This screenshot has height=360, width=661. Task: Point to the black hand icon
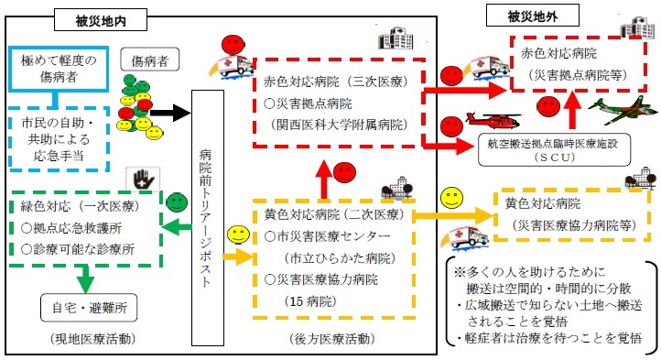[141, 174]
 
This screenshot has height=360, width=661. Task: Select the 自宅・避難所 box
[89, 309]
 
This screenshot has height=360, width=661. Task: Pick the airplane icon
[612, 108]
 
